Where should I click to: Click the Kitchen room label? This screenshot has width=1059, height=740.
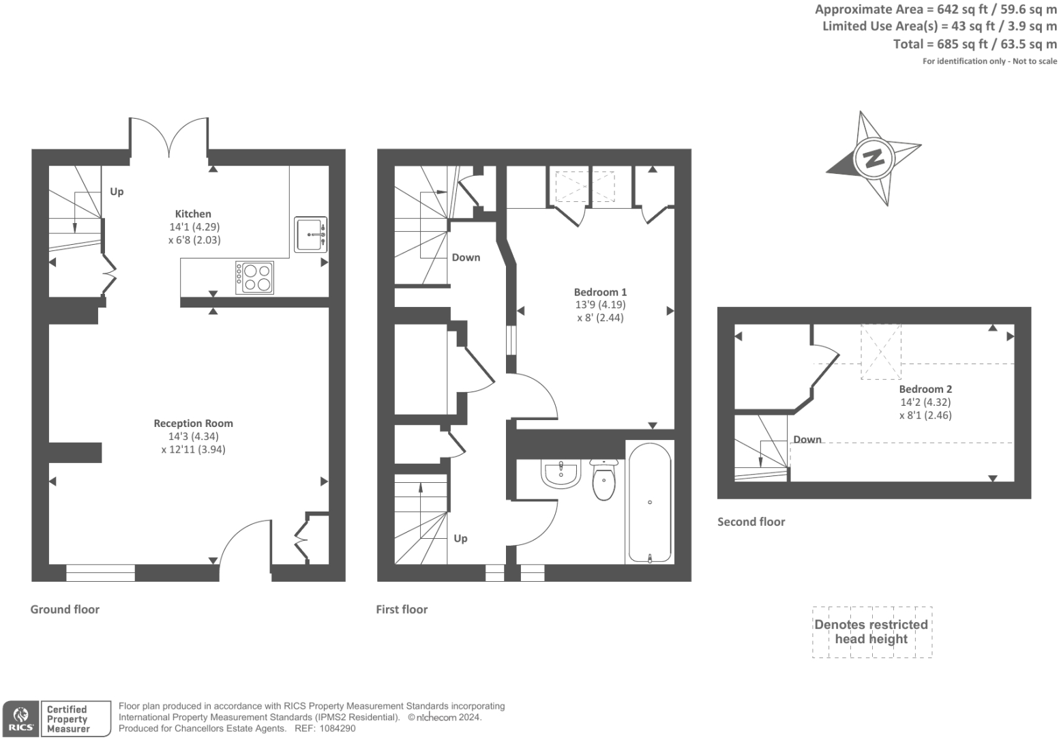[x=193, y=213]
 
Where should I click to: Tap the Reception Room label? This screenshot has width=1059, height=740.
[x=193, y=423]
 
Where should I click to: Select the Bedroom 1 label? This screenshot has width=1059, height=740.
[x=600, y=292]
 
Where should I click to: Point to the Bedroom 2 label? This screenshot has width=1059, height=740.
[x=925, y=389]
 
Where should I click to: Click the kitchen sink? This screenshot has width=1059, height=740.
[x=311, y=235]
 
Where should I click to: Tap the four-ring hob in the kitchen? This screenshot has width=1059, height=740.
[x=255, y=278]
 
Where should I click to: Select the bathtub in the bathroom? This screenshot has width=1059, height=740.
[x=649, y=503]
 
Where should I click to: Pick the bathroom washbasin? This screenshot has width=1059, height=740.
[x=561, y=474]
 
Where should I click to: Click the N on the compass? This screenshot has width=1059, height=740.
[x=873, y=158]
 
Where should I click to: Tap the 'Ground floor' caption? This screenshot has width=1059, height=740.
[x=65, y=609]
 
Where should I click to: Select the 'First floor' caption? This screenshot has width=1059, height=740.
[x=402, y=609]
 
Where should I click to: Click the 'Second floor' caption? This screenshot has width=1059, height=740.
[x=751, y=522]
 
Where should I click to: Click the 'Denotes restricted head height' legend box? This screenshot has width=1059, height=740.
[x=871, y=632]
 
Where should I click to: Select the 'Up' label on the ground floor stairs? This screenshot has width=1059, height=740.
[x=117, y=192]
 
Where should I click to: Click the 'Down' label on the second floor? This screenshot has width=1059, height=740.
[x=807, y=439]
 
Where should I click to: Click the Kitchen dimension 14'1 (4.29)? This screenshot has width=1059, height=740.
[x=194, y=226]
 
